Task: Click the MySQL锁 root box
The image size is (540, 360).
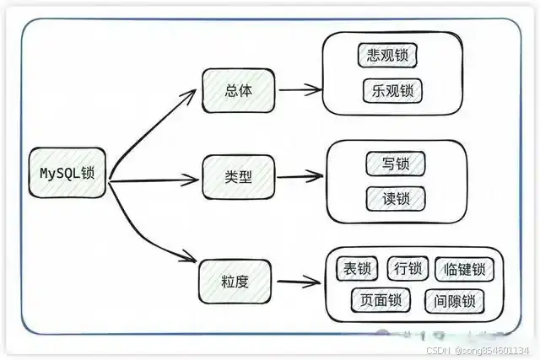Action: (67, 173)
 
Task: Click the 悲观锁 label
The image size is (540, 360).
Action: (387, 55)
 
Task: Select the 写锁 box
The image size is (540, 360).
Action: (396, 163)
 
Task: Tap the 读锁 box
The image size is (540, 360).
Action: (396, 198)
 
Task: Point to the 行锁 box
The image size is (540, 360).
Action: (408, 269)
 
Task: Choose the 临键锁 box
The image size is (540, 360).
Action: (463, 270)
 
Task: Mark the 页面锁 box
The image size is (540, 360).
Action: (378, 299)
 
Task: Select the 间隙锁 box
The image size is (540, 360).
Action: (455, 300)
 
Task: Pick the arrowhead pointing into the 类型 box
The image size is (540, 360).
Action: (194, 178)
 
